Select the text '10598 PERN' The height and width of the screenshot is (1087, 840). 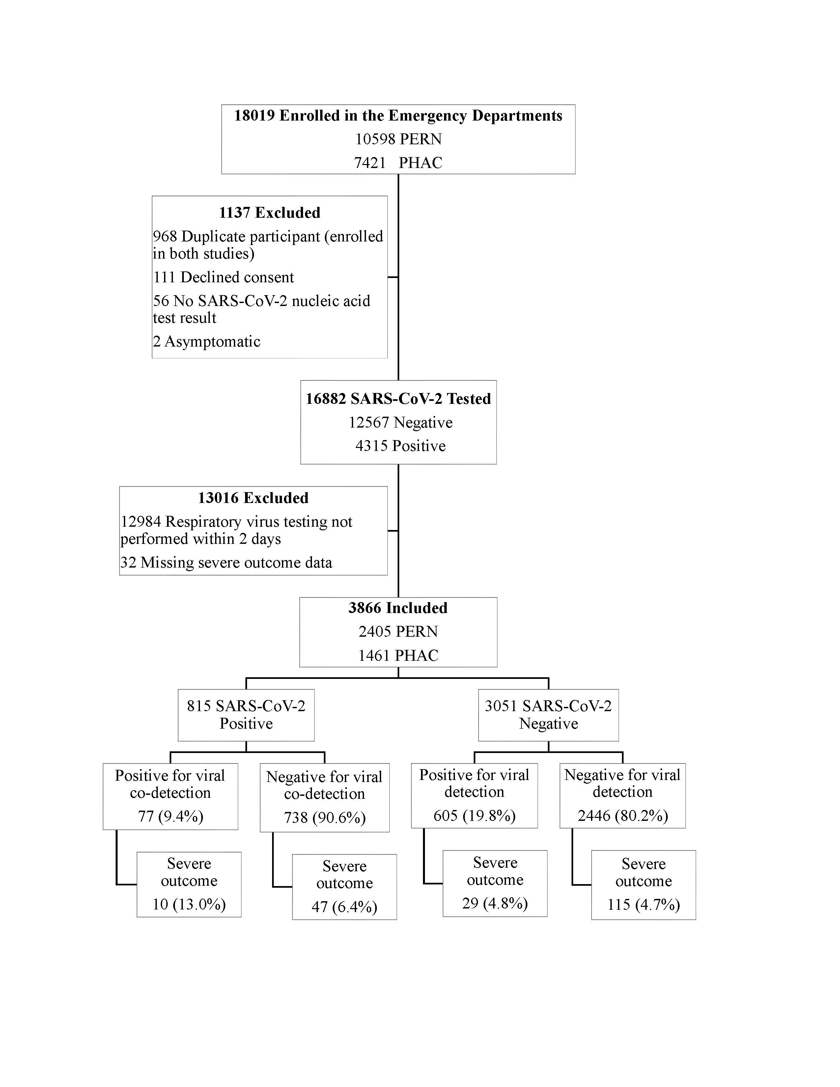398,139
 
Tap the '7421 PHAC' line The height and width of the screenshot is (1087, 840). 398,163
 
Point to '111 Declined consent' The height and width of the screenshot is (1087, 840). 223,277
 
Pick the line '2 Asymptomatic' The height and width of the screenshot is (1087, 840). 207,342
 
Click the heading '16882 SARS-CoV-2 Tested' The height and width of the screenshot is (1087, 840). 398,399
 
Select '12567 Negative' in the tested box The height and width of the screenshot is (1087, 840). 401,423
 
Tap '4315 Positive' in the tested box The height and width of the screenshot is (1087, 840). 401,446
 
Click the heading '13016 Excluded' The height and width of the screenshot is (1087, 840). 253,498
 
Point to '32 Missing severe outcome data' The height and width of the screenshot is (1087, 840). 226,562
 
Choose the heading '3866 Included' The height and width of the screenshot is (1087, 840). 398,608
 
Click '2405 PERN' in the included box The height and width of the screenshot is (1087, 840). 398,631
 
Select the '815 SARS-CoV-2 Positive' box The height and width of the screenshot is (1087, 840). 246,715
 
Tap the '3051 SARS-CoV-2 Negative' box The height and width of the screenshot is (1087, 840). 548,715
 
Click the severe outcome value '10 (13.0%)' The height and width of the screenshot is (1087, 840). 189,904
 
